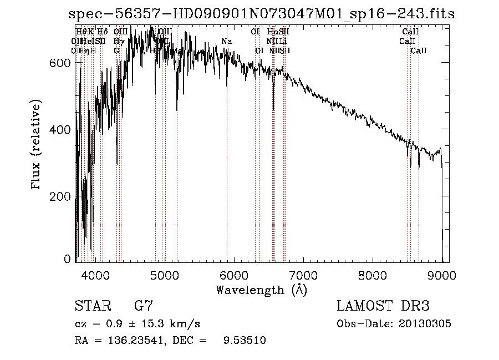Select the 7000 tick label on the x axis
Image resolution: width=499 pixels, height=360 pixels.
pos(303,275)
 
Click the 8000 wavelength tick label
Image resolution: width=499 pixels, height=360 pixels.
pos(373,275)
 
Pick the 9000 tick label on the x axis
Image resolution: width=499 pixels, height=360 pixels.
pos(442,275)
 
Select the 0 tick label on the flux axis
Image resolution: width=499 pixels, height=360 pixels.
pos(68,259)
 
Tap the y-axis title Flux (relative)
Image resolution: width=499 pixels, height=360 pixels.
pos(37,145)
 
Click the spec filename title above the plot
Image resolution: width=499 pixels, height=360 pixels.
pos(261,14)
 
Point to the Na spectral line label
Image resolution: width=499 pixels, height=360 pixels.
pos(226,42)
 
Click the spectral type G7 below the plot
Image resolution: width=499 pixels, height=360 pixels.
pos(144,306)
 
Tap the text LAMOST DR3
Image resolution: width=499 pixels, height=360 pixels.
pos(383,306)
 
